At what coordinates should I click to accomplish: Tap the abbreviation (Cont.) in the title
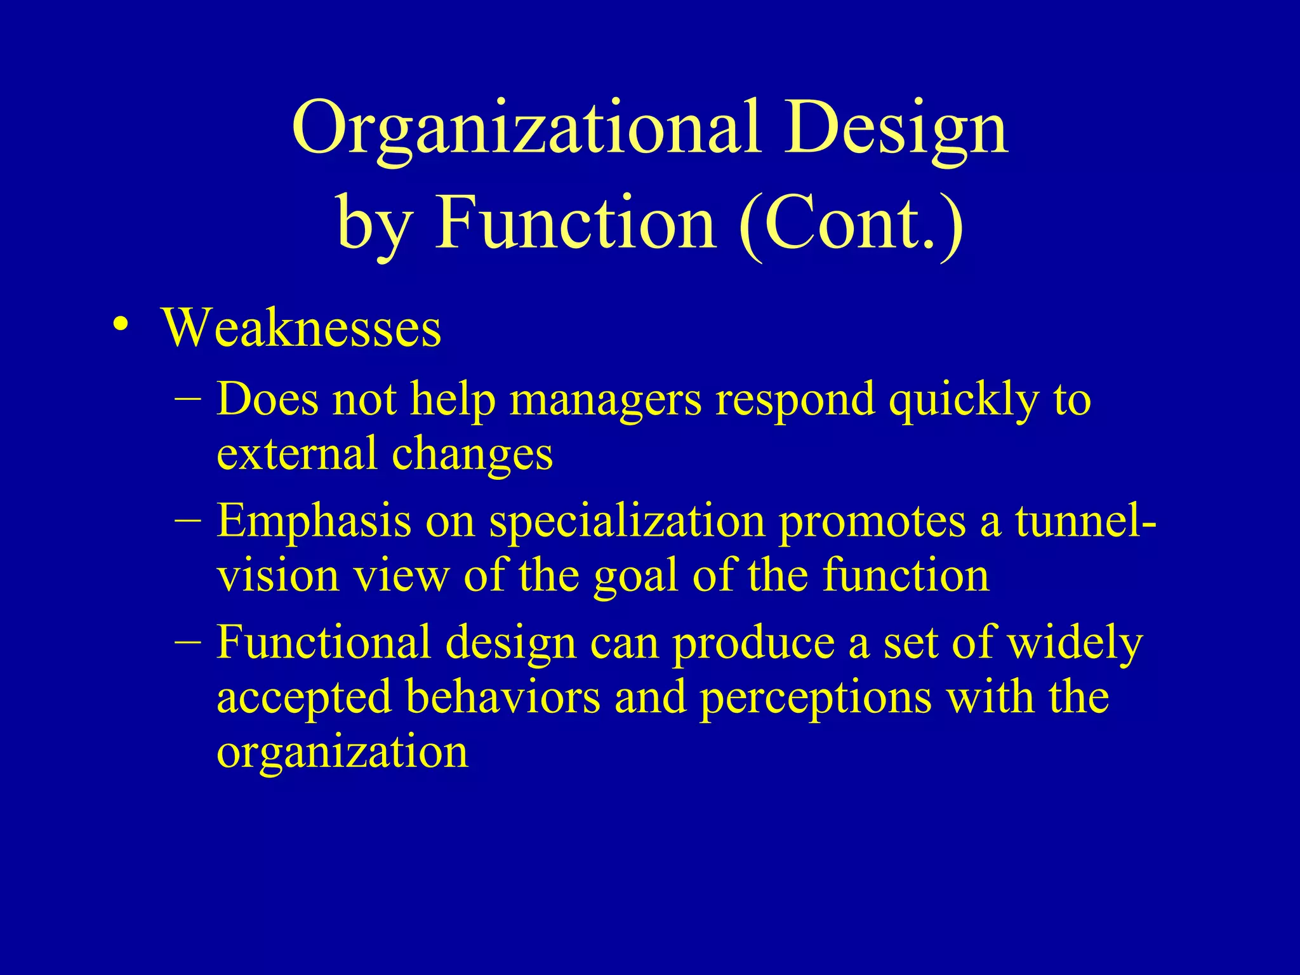851,223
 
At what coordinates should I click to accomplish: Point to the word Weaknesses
302,328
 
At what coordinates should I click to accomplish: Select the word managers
606,400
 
